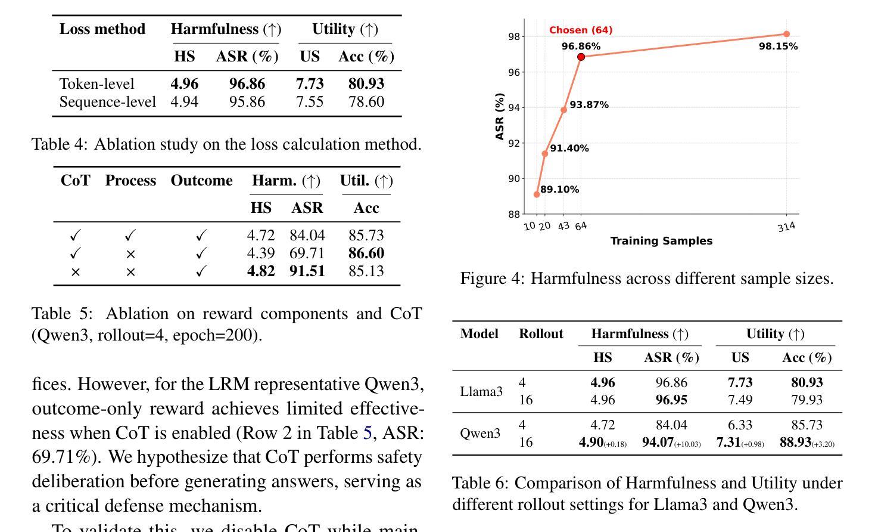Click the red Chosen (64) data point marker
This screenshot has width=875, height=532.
[581, 57]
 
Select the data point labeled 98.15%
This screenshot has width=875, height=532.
[786, 34]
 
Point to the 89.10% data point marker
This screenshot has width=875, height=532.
[537, 194]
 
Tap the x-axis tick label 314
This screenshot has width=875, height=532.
[786, 227]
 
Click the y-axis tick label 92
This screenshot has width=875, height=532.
[514, 143]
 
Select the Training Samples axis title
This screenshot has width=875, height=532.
[661, 241]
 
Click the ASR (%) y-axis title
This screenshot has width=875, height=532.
[500, 116]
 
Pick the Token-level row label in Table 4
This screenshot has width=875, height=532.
[96, 84]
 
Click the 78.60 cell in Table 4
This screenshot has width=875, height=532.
[366, 102]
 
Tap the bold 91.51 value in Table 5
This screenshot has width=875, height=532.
[307, 271]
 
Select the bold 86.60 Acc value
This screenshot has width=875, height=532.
[366, 253]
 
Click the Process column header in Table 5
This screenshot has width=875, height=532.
[130, 181]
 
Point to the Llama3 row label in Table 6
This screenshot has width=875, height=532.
[481, 392]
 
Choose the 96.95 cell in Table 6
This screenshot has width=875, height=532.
[671, 400]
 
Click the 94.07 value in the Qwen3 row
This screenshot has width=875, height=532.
[658, 443]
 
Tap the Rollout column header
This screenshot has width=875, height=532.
[541, 334]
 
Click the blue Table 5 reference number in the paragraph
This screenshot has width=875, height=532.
[368, 433]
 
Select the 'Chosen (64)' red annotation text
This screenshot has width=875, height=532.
[581, 30]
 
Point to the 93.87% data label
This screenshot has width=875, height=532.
[589, 105]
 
